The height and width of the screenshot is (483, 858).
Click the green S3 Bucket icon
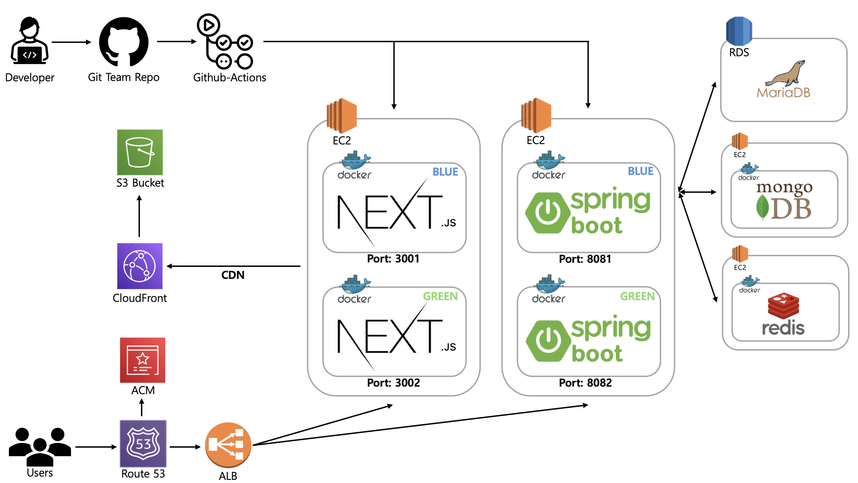coord(140,152)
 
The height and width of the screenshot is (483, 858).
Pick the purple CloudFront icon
coord(140,266)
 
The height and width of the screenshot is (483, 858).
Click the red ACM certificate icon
coord(143,360)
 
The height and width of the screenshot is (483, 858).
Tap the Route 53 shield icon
coord(143,444)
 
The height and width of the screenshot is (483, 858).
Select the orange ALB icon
coord(228,445)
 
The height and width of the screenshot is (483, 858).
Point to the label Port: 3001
coord(393,259)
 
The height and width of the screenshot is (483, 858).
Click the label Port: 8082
coord(585,383)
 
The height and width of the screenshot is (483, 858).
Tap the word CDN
coord(233,275)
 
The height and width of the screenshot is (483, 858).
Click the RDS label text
coord(739,53)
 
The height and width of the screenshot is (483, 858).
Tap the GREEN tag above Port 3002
coord(440,296)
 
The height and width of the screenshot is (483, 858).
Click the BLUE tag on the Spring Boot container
coord(640,171)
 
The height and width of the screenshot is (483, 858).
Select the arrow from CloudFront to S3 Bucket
coord(139,216)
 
